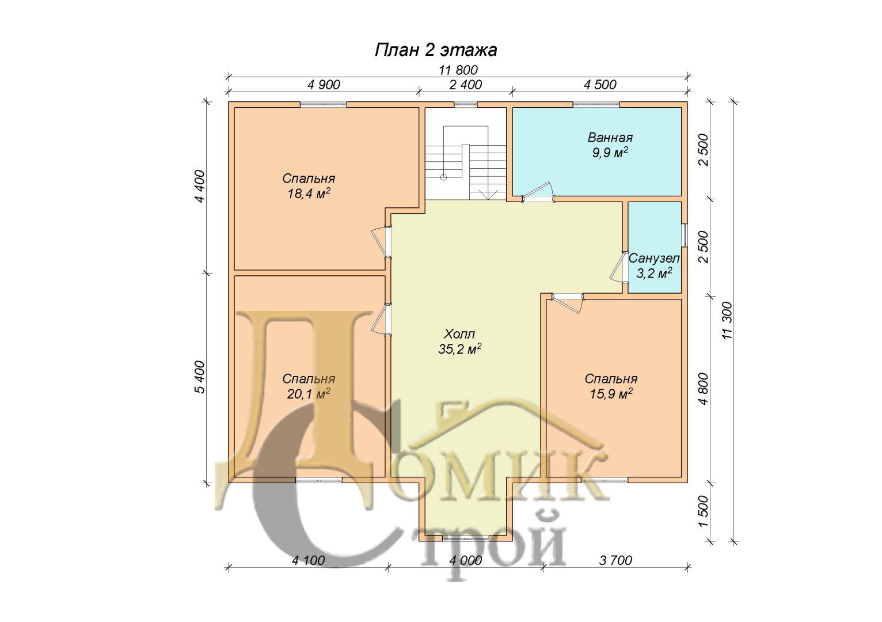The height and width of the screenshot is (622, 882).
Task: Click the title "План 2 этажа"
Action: coord(435,51)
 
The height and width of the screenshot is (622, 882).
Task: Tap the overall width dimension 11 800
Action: coord(458,70)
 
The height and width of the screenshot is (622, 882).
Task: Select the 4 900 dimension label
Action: coord(324,85)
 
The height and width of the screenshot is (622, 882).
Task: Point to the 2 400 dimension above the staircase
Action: coord(465,85)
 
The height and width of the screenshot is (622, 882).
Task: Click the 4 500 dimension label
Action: coord(600,85)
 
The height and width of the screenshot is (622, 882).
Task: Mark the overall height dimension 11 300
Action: coord(727,321)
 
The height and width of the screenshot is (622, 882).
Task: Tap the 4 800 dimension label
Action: coord(704,388)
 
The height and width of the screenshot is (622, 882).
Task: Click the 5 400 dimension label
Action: coord(200,377)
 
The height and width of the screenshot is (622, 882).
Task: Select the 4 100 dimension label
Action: coord(309,560)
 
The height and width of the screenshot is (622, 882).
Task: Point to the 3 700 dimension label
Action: coord(615,560)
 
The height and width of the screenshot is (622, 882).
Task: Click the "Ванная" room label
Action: coord(610,138)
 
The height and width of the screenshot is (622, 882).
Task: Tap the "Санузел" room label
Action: coord(654,259)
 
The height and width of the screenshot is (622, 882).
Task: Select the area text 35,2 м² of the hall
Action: coord(460,348)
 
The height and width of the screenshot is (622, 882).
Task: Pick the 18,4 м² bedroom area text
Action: coord(309,194)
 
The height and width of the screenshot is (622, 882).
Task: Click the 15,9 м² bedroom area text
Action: coord(611,393)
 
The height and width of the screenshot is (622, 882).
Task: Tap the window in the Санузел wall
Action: coord(685,235)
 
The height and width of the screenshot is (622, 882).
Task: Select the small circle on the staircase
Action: coord(443,177)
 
